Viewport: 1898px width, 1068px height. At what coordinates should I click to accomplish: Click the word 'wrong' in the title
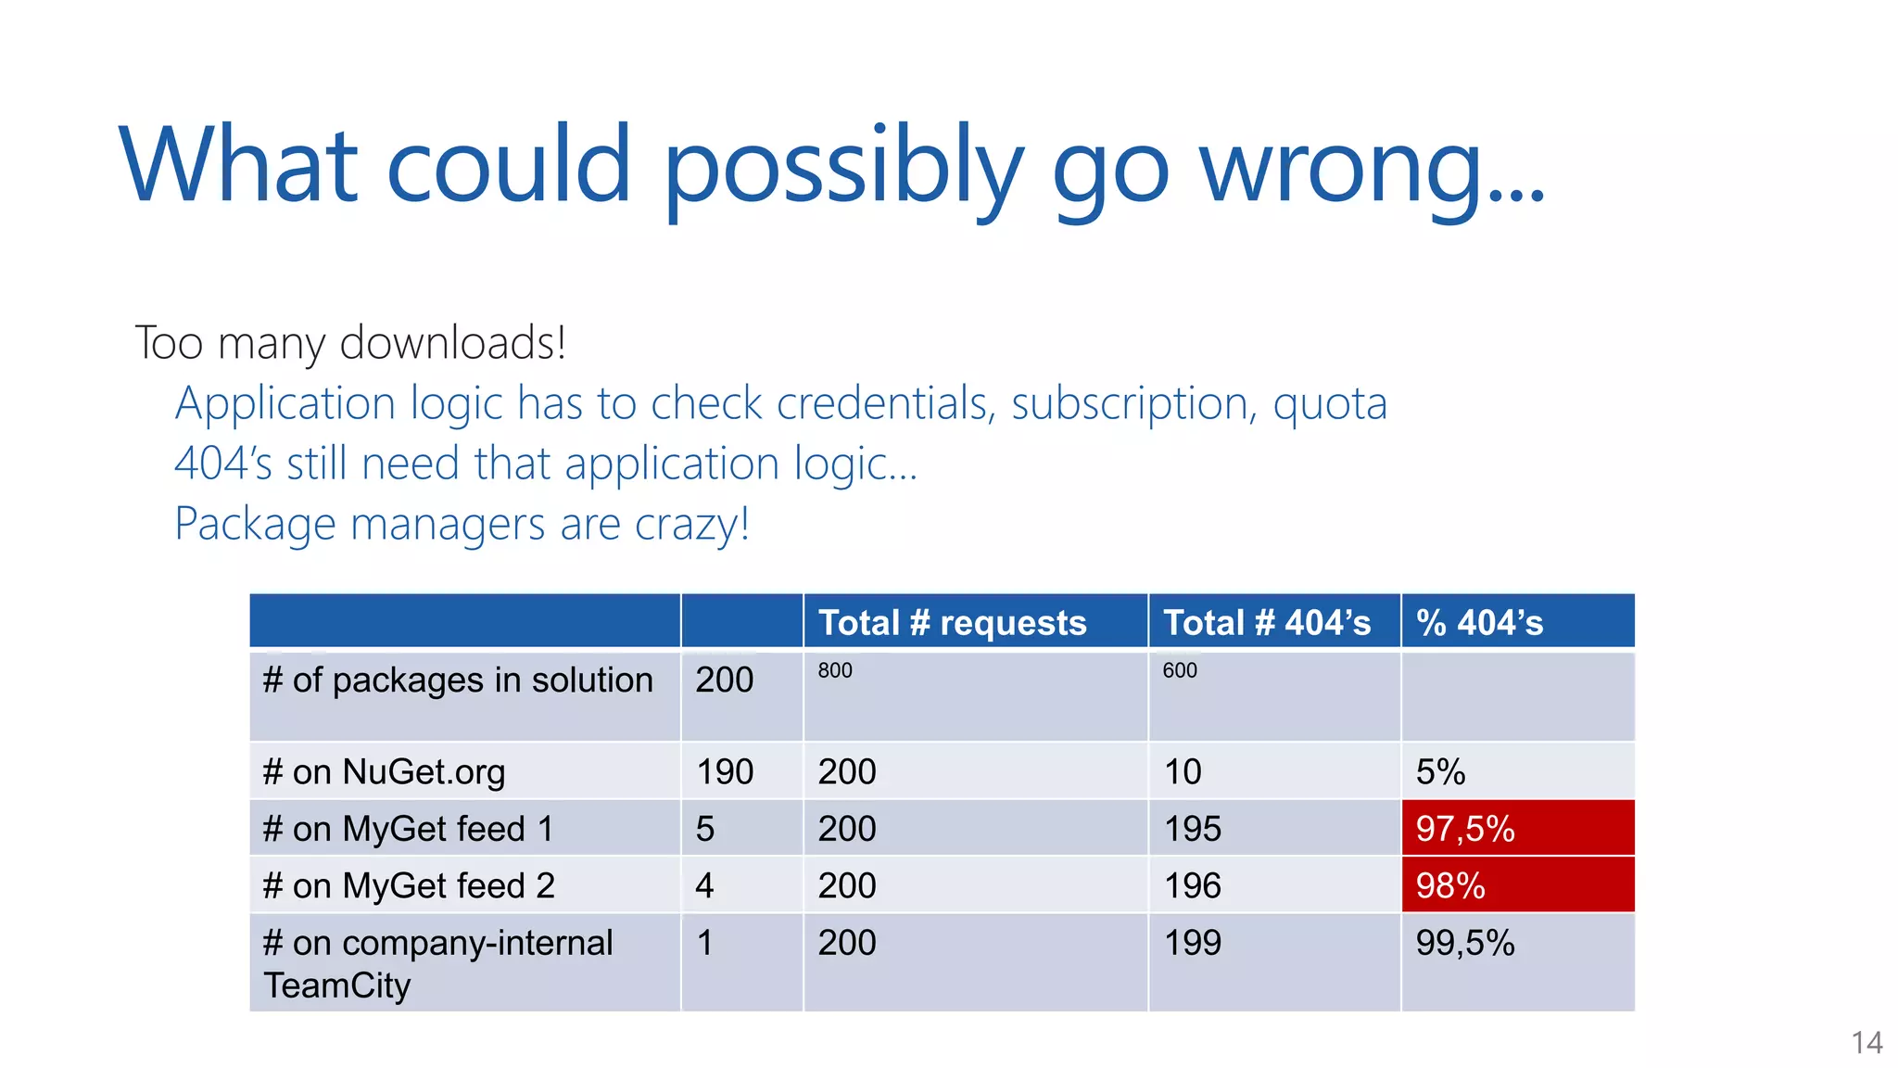(1372, 167)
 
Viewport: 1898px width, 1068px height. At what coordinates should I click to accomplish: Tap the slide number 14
(1866, 1043)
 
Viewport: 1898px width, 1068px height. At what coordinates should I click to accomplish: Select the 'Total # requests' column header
(952, 623)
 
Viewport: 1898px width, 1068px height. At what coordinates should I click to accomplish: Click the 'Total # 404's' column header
(1266, 623)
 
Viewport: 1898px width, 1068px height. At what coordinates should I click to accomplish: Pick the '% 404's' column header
(1479, 623)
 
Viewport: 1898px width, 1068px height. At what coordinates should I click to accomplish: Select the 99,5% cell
(1465, 943)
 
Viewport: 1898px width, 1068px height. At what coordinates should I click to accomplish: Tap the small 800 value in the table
(835, 670)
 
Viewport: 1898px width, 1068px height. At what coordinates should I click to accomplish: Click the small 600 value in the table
(1180, 670)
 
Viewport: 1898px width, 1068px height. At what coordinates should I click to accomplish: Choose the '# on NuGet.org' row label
(384, 772)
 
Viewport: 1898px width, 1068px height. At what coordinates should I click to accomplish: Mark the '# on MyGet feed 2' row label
(409, 886)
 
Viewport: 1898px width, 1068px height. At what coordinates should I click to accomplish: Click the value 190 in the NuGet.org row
(725, 772)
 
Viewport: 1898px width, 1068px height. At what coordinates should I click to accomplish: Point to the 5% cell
(1440, 772)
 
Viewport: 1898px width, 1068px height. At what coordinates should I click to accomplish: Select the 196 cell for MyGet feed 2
(1193, 886)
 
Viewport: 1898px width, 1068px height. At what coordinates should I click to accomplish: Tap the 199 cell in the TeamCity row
(1193, 943)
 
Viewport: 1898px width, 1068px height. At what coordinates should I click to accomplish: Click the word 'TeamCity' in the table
(336, 985)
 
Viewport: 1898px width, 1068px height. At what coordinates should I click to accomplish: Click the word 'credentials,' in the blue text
(886, 404)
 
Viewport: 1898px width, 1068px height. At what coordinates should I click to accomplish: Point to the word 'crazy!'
(691, 525)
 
